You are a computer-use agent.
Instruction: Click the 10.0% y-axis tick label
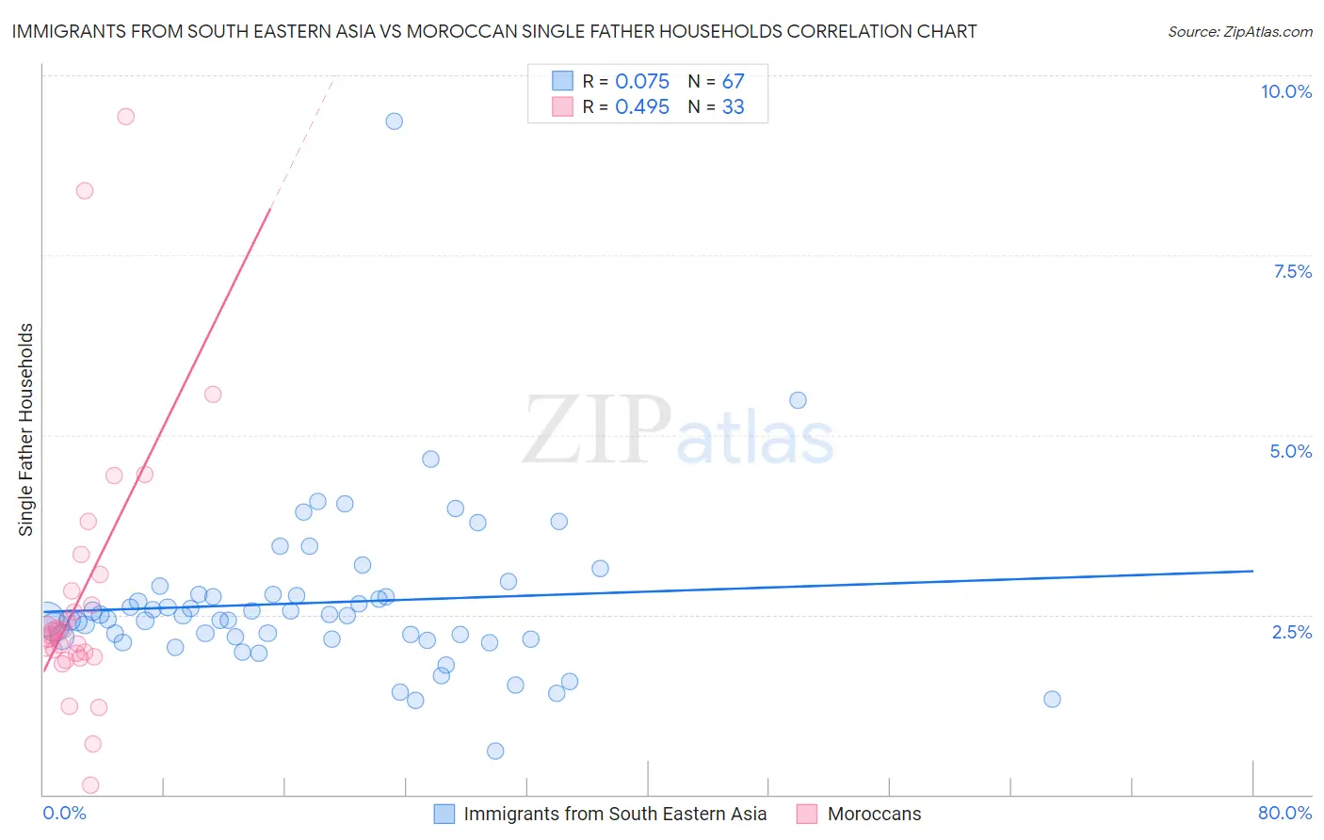1285,91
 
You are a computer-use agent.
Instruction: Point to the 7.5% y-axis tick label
1292,271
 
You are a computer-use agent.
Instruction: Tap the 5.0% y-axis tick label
1290,451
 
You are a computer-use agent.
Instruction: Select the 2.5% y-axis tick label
1291,632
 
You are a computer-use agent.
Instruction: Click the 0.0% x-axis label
64,813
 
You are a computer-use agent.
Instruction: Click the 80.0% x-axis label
1284,813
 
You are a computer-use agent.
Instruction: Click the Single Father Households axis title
26,429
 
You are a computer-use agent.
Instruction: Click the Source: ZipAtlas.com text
1239,31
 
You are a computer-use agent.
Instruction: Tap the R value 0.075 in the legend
642,81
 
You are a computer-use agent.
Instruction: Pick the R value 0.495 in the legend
642,106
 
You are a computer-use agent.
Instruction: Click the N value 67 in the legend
733,81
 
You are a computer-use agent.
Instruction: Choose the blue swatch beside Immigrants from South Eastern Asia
444,814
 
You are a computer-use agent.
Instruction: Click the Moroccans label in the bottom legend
874,814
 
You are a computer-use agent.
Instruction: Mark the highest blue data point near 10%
395,121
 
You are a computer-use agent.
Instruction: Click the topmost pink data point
125,117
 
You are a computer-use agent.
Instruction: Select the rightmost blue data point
1052,699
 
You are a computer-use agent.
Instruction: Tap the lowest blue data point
495,751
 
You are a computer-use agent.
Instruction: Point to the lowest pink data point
90,785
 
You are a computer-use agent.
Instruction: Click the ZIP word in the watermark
597,430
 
